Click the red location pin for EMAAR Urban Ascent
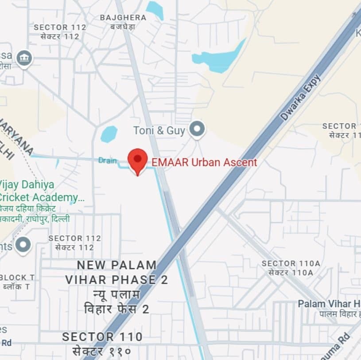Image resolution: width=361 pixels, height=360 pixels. (137, 160)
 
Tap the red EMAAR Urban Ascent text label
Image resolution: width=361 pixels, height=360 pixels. (204, 162)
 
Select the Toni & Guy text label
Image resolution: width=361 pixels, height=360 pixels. (159, 130)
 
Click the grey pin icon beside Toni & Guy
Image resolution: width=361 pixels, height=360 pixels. (197, 129)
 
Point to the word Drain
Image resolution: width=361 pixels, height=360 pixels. (108, 160)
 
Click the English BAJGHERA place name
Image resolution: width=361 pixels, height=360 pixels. (123, 18)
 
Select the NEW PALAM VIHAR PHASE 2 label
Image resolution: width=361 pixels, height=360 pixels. (111, 272)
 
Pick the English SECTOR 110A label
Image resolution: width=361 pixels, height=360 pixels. (291, 263)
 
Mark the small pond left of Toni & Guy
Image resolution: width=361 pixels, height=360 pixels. (109, 134)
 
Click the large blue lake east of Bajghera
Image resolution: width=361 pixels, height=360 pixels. (219, 59)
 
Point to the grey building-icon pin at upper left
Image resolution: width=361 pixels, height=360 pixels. (24, 58)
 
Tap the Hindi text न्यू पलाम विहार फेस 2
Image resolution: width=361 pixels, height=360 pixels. (116, 301)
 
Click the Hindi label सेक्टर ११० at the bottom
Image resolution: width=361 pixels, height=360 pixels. (102, 352)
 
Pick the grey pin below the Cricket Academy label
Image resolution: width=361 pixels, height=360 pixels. (23, 245)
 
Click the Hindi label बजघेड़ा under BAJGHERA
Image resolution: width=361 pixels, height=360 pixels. (123, 27)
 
